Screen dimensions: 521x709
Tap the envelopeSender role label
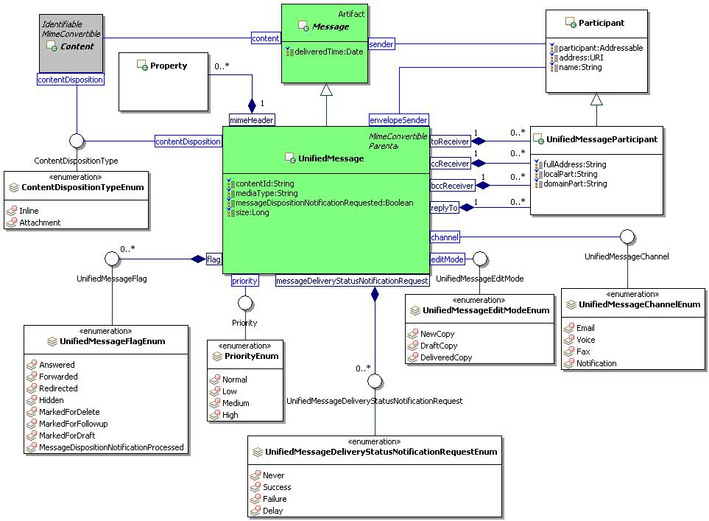click(x=398, y=120)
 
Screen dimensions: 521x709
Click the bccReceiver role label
click(x=452, y=185)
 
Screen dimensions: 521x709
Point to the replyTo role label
click(x=444, y=208)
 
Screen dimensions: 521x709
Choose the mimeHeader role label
click(x=252, y=120)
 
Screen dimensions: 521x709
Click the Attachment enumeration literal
click(x=40, y=223)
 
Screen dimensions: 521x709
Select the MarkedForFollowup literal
click(x=73, y=424)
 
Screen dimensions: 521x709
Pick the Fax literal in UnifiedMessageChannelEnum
click(x=583, y=352)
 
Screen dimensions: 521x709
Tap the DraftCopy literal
click(x=438, y=346)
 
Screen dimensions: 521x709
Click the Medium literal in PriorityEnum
click(x=236, y=403)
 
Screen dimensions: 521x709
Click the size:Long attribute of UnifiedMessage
click(x=252, y=212)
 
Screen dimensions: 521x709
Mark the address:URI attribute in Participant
click(x=579, y=57)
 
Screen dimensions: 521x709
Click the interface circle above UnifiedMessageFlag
click(x=112, y=259)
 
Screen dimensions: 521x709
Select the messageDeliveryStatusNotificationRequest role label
click(x=352, y=281)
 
